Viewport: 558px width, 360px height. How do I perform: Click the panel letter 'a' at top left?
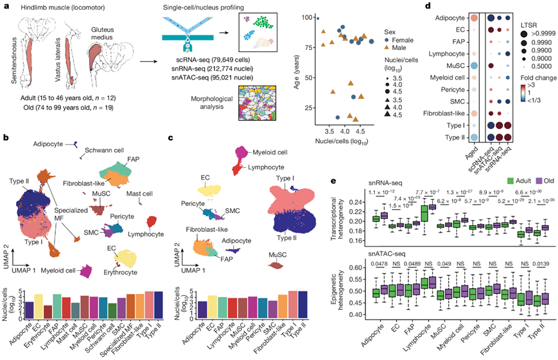coord(5,6)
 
